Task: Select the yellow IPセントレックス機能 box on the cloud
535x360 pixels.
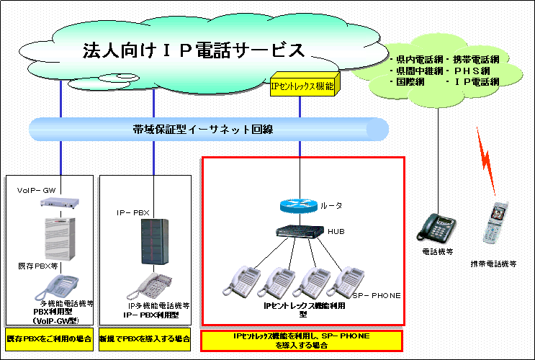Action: point(302,86)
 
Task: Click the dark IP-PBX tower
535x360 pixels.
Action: point(153,237)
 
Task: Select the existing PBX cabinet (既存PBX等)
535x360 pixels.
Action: point(61,238)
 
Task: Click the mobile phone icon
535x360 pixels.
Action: point(495,223)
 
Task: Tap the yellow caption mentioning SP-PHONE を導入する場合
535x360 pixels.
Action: point(301,341)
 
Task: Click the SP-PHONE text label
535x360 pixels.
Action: point(376,295)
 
